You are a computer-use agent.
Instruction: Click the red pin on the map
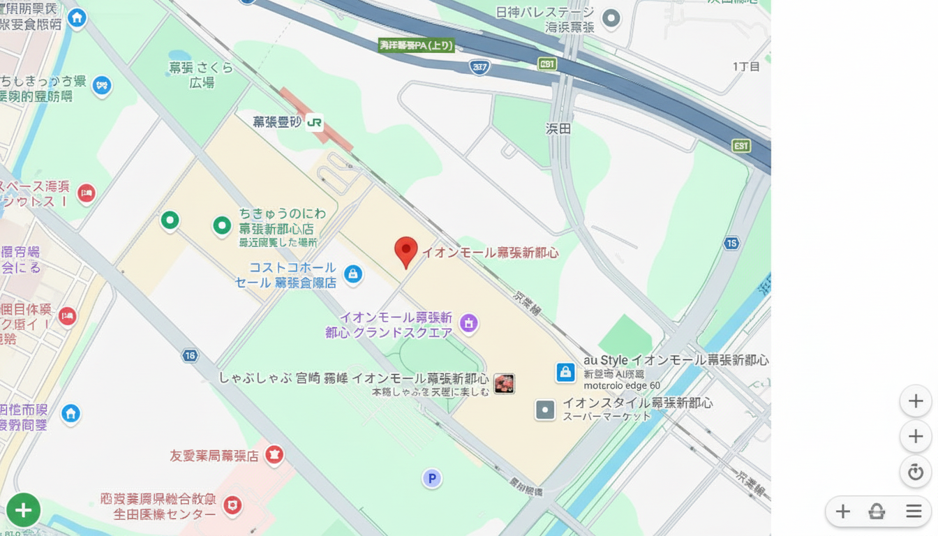pos(405,251)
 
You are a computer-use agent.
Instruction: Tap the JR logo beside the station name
pos(315,123)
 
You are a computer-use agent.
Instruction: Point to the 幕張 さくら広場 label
pos(201,75)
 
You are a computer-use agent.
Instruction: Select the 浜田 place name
pos(558,128)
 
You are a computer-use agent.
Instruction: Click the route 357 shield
pos(479,67)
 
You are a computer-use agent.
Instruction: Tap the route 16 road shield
pos(190,356)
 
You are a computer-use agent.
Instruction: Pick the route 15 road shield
pos(731,243)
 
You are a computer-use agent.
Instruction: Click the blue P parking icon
pos(432,478)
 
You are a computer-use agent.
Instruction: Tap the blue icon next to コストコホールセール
pos(353,274)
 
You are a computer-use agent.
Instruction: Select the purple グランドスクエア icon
pos(469,322)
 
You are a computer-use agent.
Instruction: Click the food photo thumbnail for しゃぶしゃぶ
pos(504,383)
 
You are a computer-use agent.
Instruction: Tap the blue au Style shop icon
pos(565,372)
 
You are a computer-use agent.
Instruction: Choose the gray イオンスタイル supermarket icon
pos(545,410)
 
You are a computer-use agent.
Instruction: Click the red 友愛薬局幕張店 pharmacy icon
pos(274,454)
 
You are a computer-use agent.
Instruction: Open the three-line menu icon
pos(914,512)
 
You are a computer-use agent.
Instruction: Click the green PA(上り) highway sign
pos(416,45)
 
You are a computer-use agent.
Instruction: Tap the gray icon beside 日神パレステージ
pos(611,18)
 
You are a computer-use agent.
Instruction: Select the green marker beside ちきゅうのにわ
pos(222,225)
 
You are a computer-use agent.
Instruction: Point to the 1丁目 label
pos(745,66)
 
